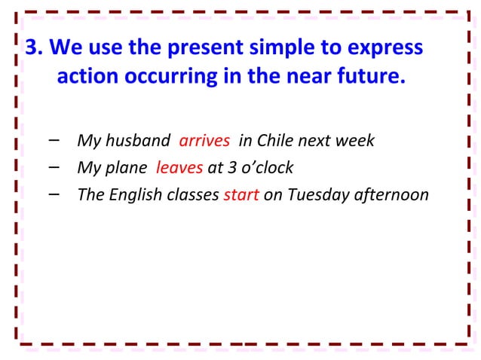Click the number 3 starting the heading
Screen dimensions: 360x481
click(x=32, y=47)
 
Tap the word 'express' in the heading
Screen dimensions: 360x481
click(x=384, y=47)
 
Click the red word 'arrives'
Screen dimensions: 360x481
click(x=204, y=142)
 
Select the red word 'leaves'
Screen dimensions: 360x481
click(x=179, y=167)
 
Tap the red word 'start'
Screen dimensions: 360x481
click(x=241, y=194)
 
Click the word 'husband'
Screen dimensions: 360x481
click(x=140, y=142)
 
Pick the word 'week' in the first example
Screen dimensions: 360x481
click(x=355, y=142)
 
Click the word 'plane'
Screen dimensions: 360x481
click(x=128, y=167)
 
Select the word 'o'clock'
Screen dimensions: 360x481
click(x=264, y=167)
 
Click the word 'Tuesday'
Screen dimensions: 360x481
click(x=315, y=194)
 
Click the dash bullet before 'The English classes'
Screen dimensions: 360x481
click(x=54, y=193)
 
